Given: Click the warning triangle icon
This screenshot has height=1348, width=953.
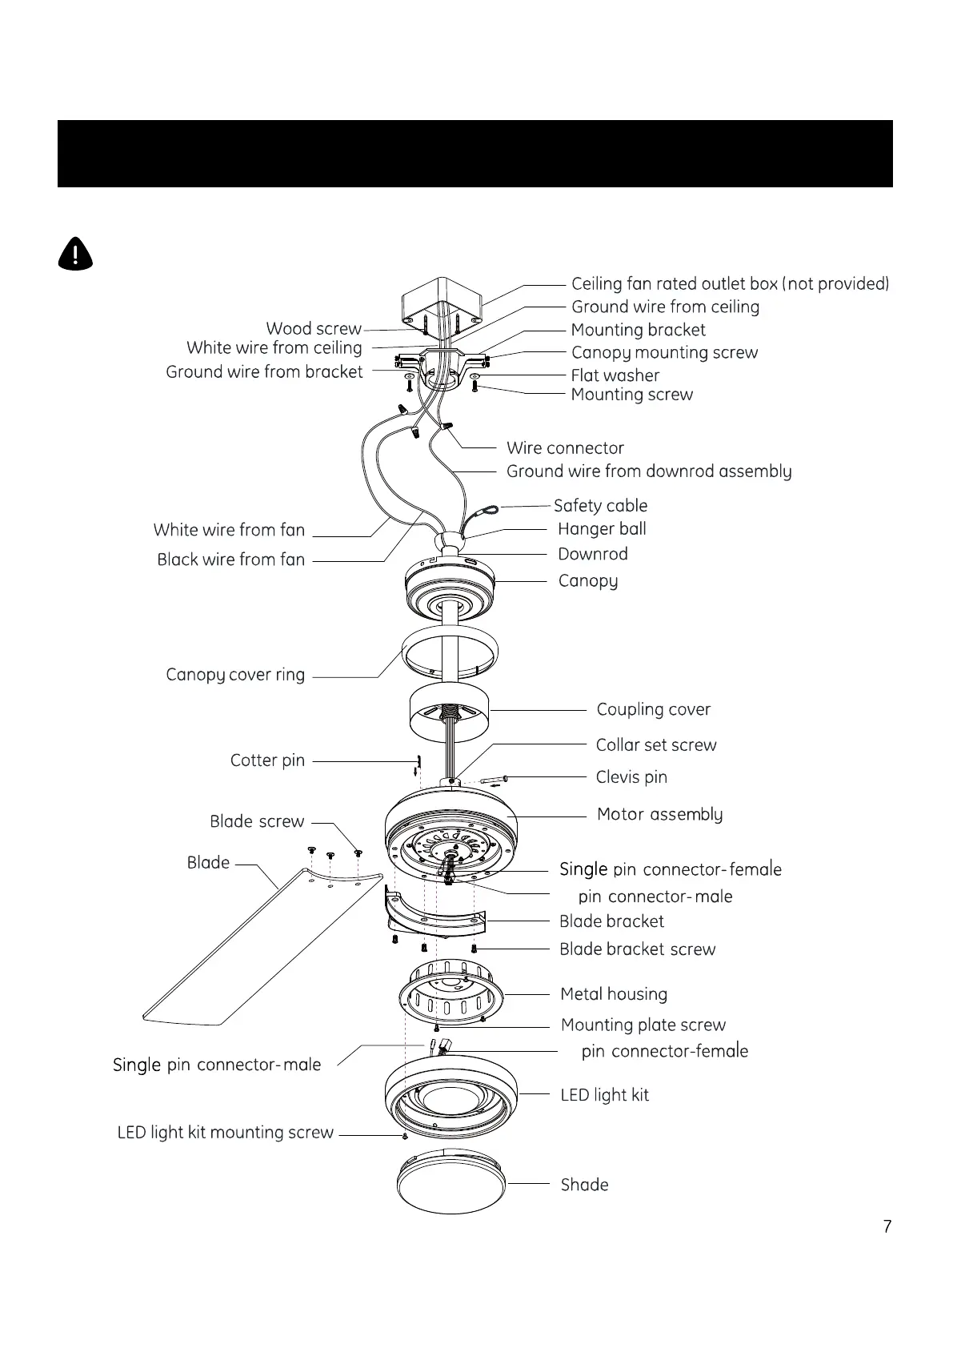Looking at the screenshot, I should pos(75,254).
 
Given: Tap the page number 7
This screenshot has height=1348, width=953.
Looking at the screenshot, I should pos(887,1226).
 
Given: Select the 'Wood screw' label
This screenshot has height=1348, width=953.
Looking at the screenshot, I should pos(314,329).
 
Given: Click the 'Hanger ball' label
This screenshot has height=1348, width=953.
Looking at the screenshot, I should pos(602,529).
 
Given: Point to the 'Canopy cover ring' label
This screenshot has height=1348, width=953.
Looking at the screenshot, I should pos(235,675).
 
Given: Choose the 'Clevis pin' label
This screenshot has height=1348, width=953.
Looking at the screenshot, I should pos(631,777).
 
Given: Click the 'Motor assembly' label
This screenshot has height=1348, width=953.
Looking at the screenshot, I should pos(659,815).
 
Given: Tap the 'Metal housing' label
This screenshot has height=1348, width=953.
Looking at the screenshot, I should pos(614,994).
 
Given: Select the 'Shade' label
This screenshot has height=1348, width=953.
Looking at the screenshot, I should pos(584,1185).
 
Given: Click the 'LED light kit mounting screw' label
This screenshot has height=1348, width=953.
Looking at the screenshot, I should pos(225,1133).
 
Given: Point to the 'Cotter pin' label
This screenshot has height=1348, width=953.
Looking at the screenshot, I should pos(267,760).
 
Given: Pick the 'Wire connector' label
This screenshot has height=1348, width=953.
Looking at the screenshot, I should pos(565,448).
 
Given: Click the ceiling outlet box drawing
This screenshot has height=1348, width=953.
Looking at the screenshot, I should pos(442,300).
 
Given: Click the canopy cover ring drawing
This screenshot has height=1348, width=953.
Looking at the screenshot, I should pos(449,653).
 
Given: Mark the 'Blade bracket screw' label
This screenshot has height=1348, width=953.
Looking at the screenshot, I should pos(637,949).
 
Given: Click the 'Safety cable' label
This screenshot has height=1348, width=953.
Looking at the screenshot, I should pos(600,506).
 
